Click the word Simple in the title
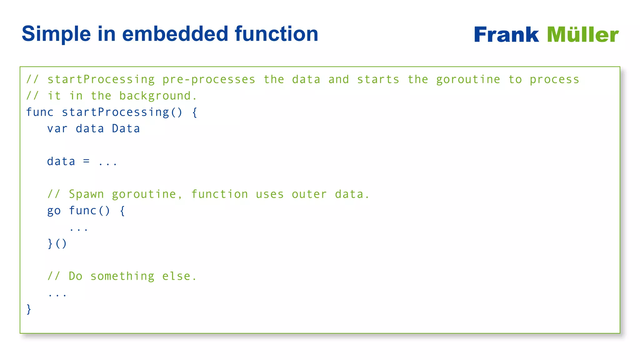click(56, 34)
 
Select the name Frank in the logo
click(506, 34)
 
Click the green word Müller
click(583, 34)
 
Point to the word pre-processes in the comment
click(209, 80)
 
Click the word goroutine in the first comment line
click(468, 80)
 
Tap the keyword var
click(57, 129)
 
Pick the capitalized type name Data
click(126, 129)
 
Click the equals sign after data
click(86, 161)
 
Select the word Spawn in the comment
click(86, 194)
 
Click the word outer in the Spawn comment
click(309, 194)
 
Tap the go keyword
click(54, 211)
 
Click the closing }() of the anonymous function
click(57, 243)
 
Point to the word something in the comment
click(122, 276)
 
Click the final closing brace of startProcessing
click(29, 309)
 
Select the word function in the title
click(276, 34)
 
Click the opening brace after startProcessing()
click(194, 112)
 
